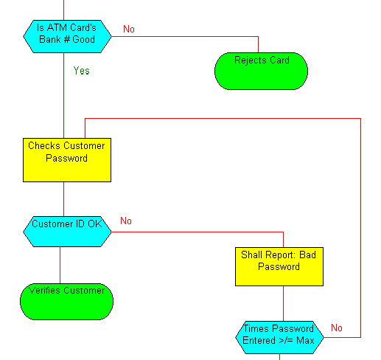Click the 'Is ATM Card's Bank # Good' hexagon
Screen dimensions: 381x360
[67, 36]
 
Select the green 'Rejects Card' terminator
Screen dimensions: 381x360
[261, 71]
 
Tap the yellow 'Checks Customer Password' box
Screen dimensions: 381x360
[67, 160]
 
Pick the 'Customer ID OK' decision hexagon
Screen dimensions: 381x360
[67, 232]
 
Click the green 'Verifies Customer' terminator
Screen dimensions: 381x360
[66, 302]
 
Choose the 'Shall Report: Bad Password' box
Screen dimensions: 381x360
[279, 266]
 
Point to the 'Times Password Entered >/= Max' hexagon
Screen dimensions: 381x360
[279, 337]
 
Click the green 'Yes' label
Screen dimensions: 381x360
[81, 71]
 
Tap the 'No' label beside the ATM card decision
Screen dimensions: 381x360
[129, 29]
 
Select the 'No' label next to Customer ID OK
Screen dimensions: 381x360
[126, 221]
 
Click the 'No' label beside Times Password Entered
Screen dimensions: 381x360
[337, 328]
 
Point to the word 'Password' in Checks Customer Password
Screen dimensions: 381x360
[66, 158]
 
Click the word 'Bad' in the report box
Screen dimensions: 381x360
[307, 255]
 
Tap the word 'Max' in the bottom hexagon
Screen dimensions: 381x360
[305, 341]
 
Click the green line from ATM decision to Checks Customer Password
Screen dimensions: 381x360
[64, 95]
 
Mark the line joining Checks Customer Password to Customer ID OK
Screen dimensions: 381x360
[64, 199]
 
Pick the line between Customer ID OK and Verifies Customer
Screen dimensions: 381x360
[60, 265]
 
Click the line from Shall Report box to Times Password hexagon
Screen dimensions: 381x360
[283, 303]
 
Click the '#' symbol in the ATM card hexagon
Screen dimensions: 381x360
[66, 39]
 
